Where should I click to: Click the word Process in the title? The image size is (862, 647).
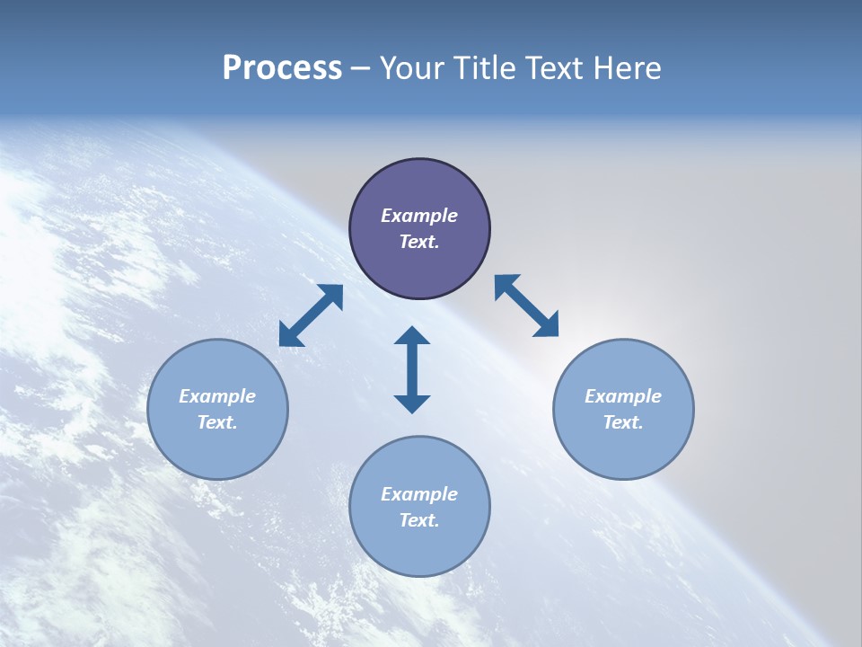pos(282,68)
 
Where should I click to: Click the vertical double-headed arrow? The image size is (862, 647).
pos(412,369)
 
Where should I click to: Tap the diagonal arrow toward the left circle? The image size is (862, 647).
pos(311,315)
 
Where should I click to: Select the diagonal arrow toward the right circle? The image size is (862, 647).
pos(526,306)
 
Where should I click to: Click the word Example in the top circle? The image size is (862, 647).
pos(419,216)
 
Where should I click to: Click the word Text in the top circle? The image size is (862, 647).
pos(418,242)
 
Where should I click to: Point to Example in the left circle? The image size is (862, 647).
pos(217,396)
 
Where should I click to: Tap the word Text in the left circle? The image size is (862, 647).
pos(215,422)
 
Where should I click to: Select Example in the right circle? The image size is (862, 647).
pos(623,396)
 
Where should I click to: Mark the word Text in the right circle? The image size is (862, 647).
pos(621,422)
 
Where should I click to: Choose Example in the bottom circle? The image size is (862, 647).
pos(419,494)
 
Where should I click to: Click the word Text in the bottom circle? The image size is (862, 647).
pos(418,520)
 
